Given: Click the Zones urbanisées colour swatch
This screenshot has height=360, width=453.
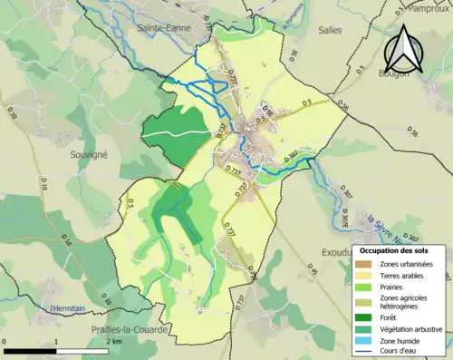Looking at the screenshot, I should click(364, 263).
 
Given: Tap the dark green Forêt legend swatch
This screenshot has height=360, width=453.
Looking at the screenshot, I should click(364, 316).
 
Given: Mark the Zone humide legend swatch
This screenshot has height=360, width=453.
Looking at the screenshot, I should click(364, 340).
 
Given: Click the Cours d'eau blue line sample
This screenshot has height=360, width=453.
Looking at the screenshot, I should click(364, 352).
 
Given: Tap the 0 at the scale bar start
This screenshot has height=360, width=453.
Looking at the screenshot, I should click(5, 341).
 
